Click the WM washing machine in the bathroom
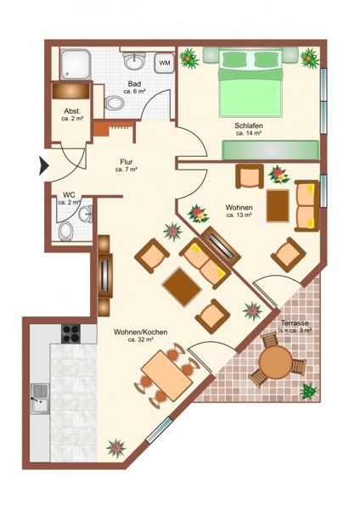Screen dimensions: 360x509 (165, 62)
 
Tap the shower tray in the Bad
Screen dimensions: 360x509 (76, 64)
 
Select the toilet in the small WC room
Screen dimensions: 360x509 (66, 231)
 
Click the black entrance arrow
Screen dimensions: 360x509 (44, 165)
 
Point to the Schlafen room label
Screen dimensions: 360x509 (249, 126)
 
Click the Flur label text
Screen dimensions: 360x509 (127, 162)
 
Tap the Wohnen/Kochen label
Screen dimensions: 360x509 (141, 332)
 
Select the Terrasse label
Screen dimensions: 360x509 (295, 323)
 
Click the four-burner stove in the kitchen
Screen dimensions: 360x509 (70, 333)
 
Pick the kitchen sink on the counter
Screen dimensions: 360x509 (40, 399)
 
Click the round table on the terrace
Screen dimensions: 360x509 (276, 361)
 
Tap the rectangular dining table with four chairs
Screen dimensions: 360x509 (167, 375)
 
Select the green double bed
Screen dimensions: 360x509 (250, 82)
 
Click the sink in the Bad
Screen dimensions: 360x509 (134, 61)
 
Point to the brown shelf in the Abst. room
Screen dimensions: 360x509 (70, 92)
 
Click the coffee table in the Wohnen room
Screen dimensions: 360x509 (278, 206)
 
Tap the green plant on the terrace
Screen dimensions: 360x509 (308, 390)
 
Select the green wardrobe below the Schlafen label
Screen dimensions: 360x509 (271, 150)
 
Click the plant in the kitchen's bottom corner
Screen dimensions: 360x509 (116, 448)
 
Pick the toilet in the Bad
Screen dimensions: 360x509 (115, 103)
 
